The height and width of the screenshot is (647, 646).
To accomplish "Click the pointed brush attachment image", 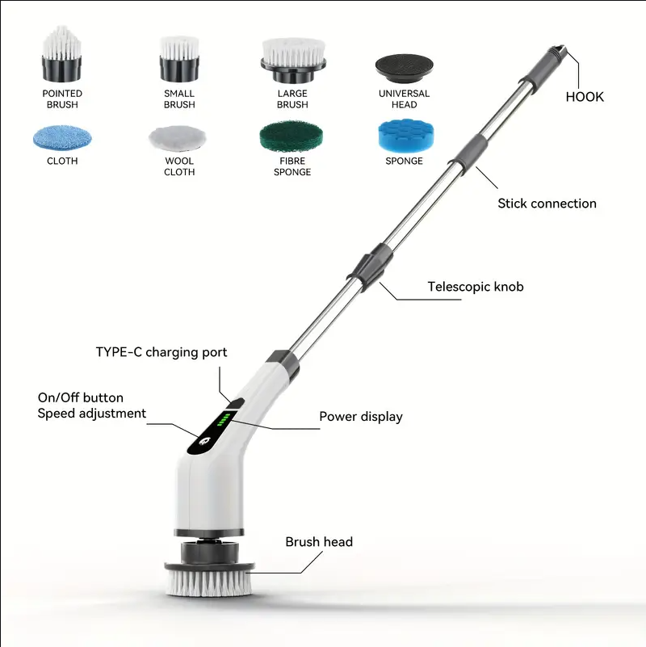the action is click(61, 53).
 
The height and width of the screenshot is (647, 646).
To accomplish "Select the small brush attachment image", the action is click(179, 59).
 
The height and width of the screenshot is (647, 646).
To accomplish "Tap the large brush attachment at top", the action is click(293, 61).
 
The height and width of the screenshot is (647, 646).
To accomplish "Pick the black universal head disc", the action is click(405, 68).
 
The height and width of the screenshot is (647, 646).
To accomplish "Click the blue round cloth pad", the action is click(62, 138).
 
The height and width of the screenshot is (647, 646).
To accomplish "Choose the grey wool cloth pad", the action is click(178, 138).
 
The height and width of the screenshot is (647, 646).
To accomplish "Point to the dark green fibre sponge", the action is click(292, 137).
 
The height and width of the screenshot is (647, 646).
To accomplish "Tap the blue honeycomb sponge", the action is click(406, 136).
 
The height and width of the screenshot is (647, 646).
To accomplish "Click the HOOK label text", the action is click(585, 97).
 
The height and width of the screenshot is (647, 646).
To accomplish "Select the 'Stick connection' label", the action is click(547, 204).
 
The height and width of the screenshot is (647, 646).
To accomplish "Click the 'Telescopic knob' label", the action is click(476, 287).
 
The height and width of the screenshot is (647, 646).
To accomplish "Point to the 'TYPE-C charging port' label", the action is click(161, 352).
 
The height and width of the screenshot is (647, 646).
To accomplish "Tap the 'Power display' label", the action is click(361, 417).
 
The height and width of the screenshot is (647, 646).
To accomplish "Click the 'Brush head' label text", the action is click(319, 542).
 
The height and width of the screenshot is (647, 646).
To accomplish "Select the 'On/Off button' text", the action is click(81, 397).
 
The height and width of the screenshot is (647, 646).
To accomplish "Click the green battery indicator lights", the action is click(224, 420).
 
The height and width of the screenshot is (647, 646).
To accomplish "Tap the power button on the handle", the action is click(205, 441).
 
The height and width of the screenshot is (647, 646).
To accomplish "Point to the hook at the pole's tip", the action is click(559, 51).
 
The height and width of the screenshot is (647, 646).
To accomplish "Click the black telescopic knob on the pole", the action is click(370, 267).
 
